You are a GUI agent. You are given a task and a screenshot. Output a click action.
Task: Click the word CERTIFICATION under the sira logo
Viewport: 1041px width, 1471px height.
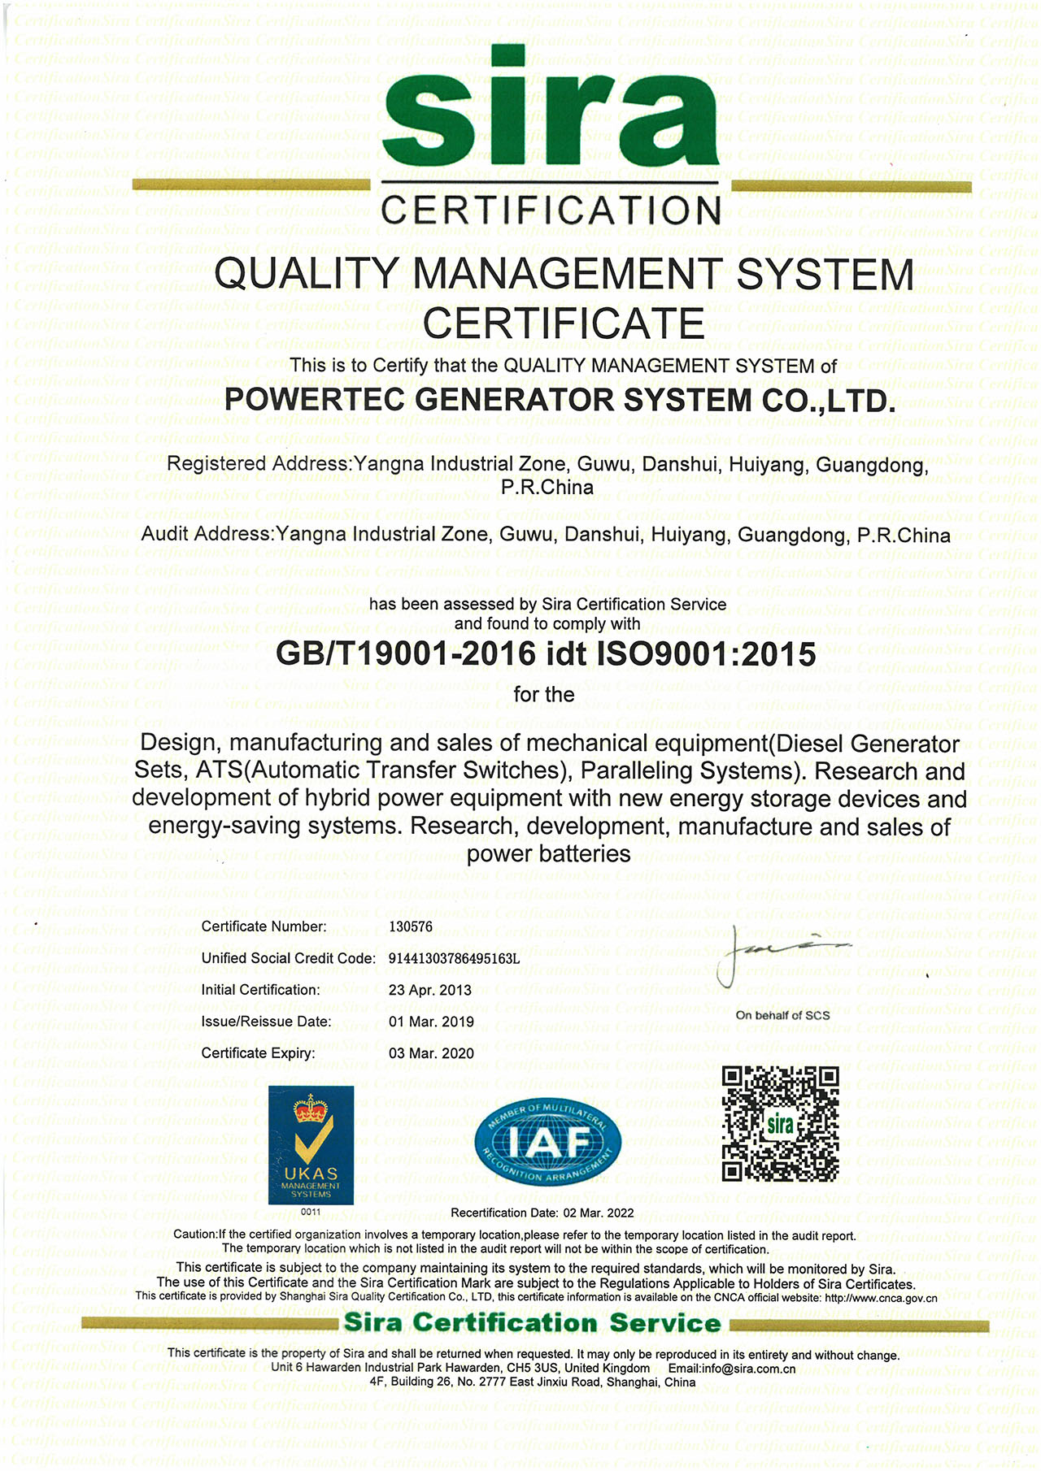551,210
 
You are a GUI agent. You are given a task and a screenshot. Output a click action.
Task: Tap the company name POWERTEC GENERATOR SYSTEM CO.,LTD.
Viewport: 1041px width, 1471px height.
560,400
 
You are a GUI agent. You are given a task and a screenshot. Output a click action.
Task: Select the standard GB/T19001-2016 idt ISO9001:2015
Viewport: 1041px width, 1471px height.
546,653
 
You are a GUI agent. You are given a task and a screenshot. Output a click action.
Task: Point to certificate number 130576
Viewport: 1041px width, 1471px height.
411,926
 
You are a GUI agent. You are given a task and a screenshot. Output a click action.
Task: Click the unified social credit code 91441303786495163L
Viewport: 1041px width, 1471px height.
454,958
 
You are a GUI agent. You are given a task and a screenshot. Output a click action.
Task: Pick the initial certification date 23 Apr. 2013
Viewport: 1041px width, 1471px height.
430,990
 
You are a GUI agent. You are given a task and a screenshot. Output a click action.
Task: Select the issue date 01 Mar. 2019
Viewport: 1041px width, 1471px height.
431,1022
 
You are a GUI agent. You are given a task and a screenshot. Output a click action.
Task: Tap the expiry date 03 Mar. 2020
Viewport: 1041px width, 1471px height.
431,1053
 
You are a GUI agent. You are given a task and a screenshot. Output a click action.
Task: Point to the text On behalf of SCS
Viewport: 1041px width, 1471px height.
782,1015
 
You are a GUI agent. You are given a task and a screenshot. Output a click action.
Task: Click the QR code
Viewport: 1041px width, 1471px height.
781,1124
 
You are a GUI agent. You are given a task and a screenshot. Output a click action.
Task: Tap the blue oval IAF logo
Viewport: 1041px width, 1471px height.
549,1141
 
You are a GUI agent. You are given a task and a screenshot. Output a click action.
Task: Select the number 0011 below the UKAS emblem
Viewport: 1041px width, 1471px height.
311,1212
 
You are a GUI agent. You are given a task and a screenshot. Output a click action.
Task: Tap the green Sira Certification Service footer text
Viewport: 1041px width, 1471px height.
533,1323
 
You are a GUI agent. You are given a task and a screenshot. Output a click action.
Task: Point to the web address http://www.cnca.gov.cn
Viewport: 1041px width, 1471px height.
881,1298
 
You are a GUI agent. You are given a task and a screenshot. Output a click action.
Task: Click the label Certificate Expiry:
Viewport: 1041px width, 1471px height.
258,1053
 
